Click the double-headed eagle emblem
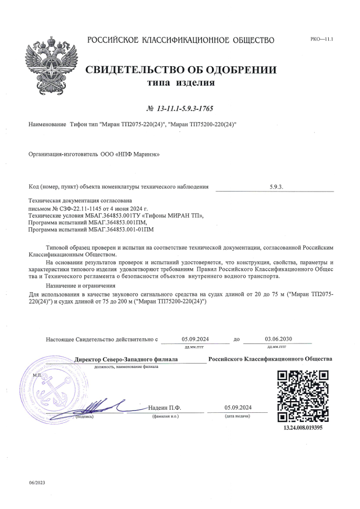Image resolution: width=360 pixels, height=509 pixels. click(x=49, y=63)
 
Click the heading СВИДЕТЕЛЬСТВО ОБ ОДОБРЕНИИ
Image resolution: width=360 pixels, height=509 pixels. click(x=181, y=70)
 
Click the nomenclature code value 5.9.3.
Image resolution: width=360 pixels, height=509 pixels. click(x=276, y=186)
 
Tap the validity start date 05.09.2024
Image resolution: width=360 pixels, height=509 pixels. click(x=195, y=339)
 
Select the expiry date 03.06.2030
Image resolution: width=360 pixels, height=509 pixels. click(x=277, y=339)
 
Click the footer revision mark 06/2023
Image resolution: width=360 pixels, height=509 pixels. click(x=37, y=482)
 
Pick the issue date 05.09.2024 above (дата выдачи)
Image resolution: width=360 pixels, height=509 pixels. click(x=238, y=407)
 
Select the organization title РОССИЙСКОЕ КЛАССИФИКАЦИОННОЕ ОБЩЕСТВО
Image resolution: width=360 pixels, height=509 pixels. click(x=181, y=40)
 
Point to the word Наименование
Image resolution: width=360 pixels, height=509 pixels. click(x=47, y=124)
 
